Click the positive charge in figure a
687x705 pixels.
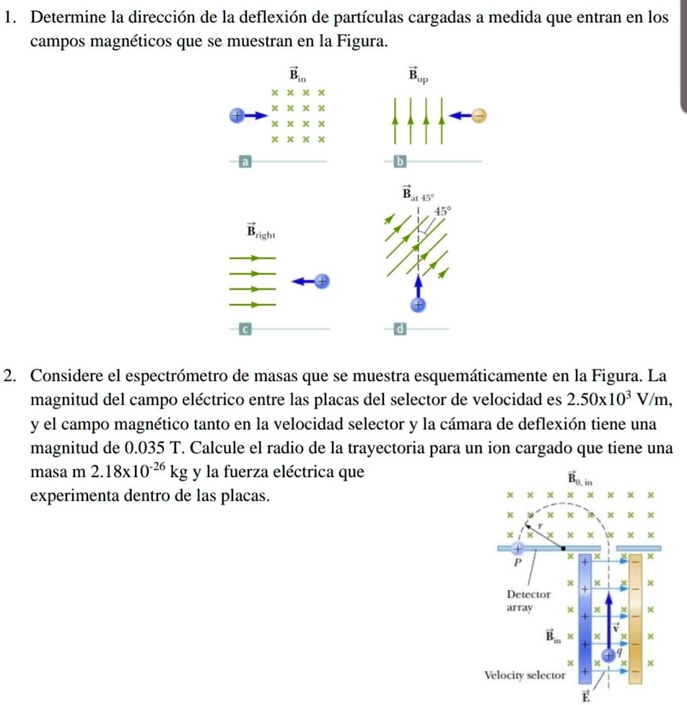point(235,115)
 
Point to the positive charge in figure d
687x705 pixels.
point(417,304)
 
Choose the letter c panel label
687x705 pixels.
point(245,329)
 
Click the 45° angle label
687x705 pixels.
point(443,211)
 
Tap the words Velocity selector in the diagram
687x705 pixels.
point(524,675)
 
